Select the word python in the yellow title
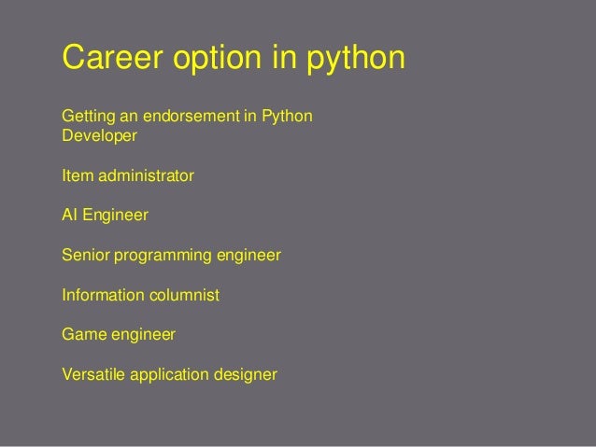(358, 60)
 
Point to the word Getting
(86, 119)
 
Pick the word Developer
(99, 136)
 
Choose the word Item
(76, 175)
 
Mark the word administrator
(145, 175)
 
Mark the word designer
(246, 376)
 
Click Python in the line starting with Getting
(289, 119)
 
